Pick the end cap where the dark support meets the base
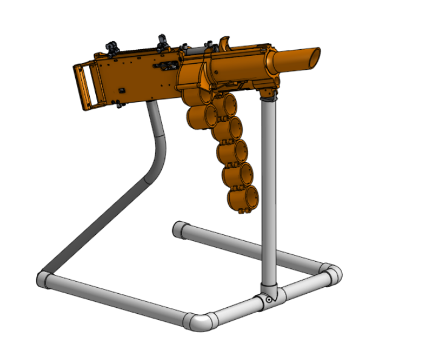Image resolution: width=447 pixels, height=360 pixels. click(44, 280)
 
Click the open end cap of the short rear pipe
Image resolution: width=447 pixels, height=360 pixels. click(179, 230)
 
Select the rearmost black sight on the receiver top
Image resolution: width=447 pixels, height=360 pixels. click(113, 46)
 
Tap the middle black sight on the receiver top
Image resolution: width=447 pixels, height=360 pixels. click(163, 41)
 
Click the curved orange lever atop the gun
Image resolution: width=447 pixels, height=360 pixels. click(226, 42)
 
